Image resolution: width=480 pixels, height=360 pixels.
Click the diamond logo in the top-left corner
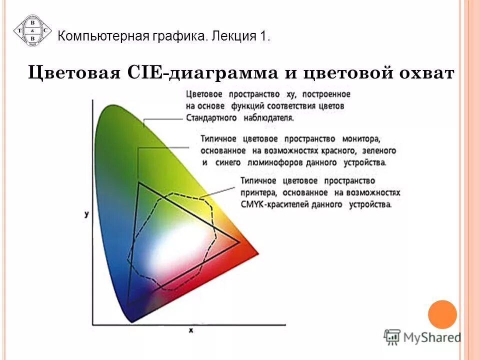32,30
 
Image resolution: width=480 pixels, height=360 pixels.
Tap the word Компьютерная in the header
101,36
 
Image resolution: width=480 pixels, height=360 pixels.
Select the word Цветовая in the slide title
73,73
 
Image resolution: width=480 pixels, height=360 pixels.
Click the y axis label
86,214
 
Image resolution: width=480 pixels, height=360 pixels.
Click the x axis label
191,330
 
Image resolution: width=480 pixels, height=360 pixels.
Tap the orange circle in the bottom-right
442,314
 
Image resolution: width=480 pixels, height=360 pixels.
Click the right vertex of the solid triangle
239,242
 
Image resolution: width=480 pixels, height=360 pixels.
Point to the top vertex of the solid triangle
138,183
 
